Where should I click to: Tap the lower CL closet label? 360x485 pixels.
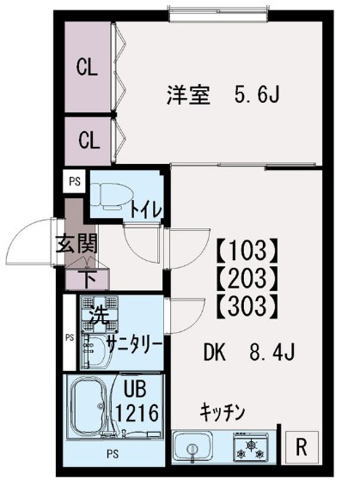pyautogui.click(x=87, y=139)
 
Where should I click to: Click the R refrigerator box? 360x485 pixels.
pyautogui.click(x=301, y=446)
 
